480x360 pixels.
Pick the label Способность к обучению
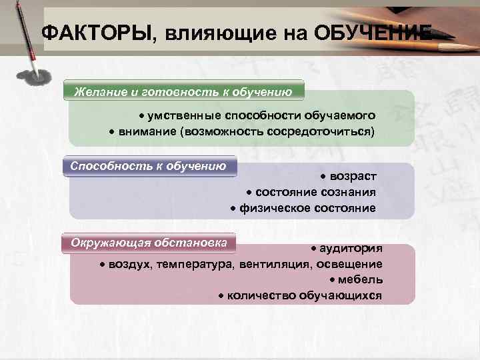(149, 165)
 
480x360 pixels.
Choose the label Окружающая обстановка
(149, 241)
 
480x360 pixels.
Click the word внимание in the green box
(147, 131)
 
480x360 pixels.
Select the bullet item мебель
(360, 280)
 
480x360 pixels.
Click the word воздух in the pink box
(131, 264)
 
